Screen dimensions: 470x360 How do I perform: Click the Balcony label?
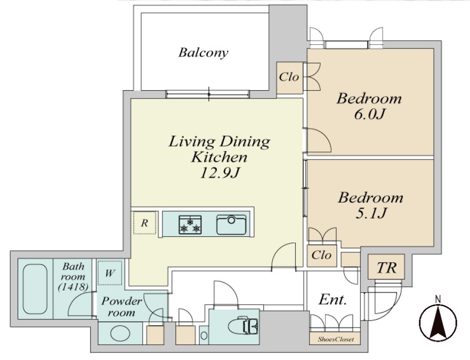[x=203, y=53]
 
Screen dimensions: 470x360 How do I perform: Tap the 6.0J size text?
[x=369, y=114]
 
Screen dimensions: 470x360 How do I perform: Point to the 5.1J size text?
[x=370, y=213]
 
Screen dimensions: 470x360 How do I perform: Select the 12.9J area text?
[x=220, y=173]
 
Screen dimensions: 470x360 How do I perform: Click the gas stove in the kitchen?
[x=190, y=225]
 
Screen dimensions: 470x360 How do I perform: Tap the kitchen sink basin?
[x=231, y=225]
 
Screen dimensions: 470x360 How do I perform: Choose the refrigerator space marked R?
[x=145, y=223]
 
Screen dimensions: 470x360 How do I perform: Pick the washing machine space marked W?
[x=110, y=273]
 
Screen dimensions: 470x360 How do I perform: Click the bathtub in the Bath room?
[x=35, y=289]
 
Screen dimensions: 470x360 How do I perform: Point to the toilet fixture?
[x=243, y=326]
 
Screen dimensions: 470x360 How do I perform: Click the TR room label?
[x=386, y=268]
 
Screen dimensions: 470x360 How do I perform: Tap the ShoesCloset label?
[x=336, y=339]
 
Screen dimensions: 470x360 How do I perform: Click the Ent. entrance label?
[x=333, y=299]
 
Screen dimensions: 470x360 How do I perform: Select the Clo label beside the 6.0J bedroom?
[x=289, y=77]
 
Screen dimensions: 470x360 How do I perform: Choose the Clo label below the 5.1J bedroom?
[x=321, y=255]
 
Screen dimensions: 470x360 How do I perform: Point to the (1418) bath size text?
[x=73, y=287]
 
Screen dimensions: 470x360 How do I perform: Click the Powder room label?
[x=121, y=307]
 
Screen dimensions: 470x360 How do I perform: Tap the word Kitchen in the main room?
[x=220, y=157]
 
